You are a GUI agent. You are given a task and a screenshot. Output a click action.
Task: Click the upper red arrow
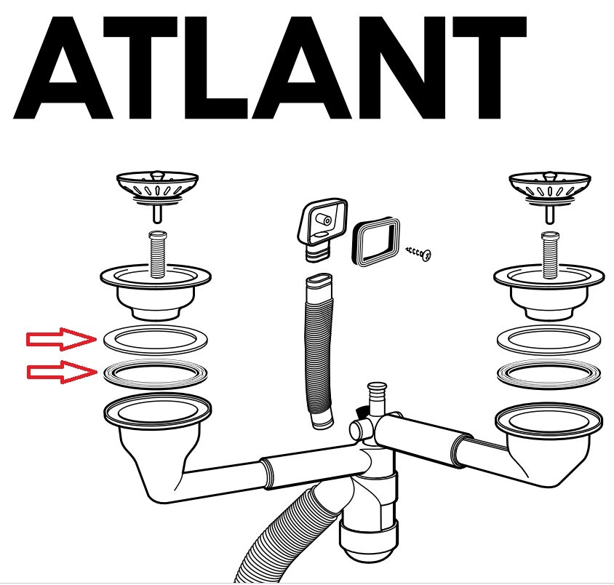61,339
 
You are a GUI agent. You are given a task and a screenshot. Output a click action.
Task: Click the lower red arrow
61,372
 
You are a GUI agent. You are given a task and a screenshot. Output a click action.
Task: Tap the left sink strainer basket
157,187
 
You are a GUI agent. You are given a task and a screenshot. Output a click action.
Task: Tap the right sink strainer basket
550,187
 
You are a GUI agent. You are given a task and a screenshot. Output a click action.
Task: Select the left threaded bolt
157,255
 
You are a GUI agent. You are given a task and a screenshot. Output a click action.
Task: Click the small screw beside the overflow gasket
419,252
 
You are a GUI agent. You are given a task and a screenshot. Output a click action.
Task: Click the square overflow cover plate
322,229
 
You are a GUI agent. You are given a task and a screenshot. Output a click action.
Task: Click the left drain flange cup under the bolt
156,292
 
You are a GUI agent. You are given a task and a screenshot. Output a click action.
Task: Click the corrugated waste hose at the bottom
282,536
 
